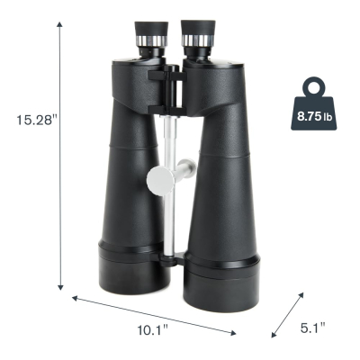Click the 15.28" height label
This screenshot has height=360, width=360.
[x=36, y=120]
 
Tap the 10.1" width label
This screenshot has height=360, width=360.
[x=153, y=330]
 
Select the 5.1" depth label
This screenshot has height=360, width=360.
[x=313, y=328]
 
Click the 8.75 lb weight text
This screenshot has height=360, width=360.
[x=314, y=116]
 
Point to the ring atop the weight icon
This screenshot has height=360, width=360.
[x=314, y=87]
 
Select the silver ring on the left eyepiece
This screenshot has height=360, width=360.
[x=151, y=40]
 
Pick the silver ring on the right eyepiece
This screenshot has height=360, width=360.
[x=198, y=40]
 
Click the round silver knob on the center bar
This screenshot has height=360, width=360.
[x=161, y=181]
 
